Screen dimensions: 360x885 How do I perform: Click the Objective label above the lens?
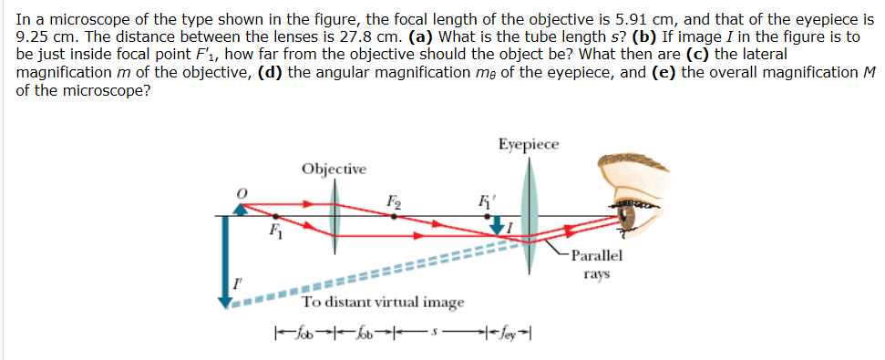[334, 169]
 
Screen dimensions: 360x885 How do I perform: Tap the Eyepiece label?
[530, 145]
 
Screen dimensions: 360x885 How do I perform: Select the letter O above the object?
[242, 191]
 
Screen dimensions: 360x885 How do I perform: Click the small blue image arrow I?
[500, 224]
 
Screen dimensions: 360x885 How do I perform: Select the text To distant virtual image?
[383, 303]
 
